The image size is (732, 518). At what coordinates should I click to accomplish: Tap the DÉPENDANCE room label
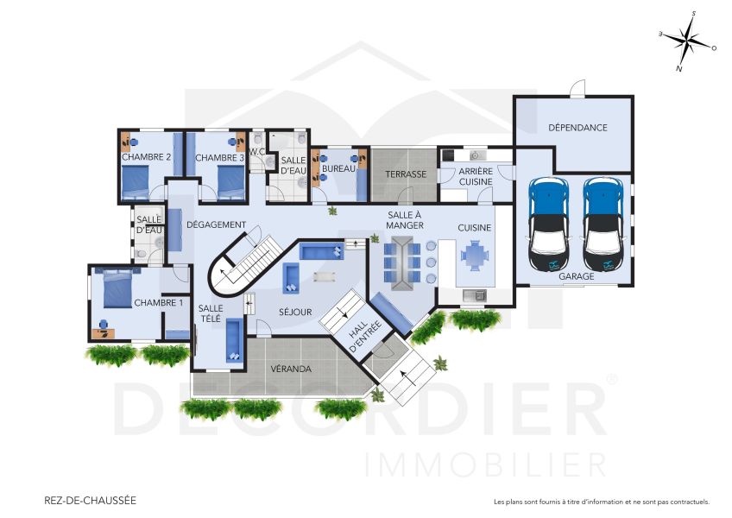pyautogui.click(x=577, y=128)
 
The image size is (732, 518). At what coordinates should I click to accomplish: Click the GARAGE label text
pyautogui.click(x=576, y=277)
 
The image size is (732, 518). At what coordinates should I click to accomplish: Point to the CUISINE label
pyautogui.click(x=474, y=228)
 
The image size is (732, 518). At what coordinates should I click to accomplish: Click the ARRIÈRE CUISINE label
pyautogui.click(x=476, y=177)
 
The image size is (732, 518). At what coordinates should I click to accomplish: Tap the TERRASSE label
pyautogui.click(x=406, y=174)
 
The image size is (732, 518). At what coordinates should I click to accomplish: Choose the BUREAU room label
pyautogui.click(x=338, y=169)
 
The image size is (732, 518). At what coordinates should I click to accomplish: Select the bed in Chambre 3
pyautogui.click(x=230, y=180)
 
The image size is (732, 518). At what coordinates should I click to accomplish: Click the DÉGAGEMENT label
pyautogui.click(x=217, y=225)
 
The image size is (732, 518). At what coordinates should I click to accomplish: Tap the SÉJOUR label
pyautogui.click(x=295, y=312)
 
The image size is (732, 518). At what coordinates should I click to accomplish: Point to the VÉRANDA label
pyautogui.click(x=290, y=369)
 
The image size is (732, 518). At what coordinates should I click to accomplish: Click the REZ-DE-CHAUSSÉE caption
pyautogui.click(x=90, y=500)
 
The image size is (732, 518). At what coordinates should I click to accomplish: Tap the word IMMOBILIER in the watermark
pyautogui.click(x=484, y=464)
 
